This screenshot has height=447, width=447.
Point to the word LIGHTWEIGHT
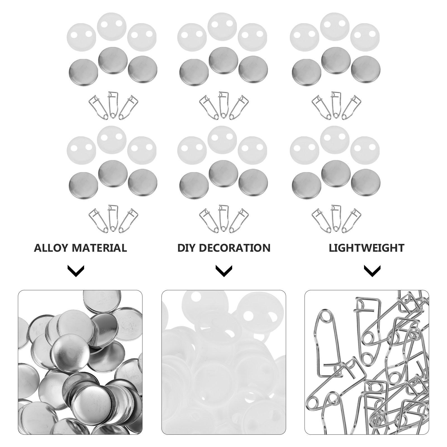click(x=367, y=248)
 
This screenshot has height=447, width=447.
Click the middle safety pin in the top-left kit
click(x=113, y=105)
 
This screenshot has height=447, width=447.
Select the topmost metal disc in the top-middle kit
click(x=223, y=61)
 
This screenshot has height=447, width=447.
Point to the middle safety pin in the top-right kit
click(x=336, y=105)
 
